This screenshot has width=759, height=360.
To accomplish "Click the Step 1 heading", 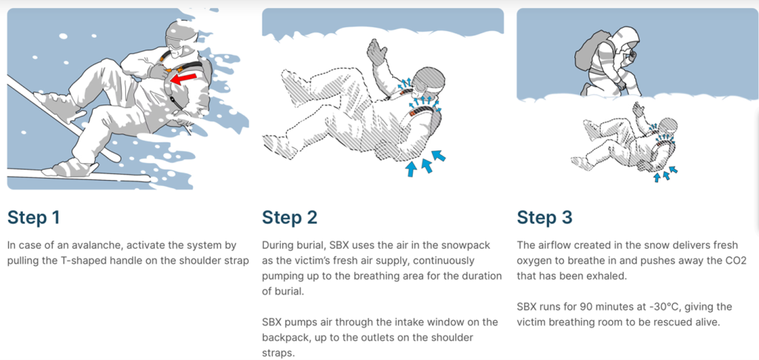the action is coord(33,217).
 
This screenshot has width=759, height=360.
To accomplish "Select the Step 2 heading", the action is coord(290,217).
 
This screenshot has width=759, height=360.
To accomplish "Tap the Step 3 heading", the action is coord(545,217).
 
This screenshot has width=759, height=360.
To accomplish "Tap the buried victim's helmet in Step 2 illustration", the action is coord(429,80).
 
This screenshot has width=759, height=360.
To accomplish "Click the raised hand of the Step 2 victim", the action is coord(377,52).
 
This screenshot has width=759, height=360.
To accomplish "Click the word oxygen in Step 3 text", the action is coord(534,261).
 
